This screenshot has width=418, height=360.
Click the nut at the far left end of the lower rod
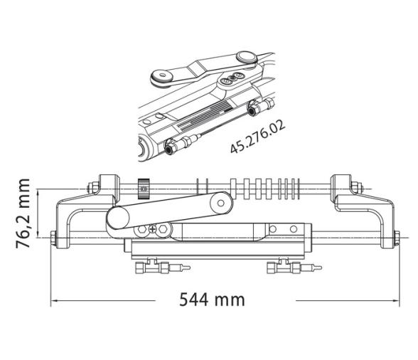55,237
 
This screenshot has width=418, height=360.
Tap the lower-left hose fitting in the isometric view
173,149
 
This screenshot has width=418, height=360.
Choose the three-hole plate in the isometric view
230,80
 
